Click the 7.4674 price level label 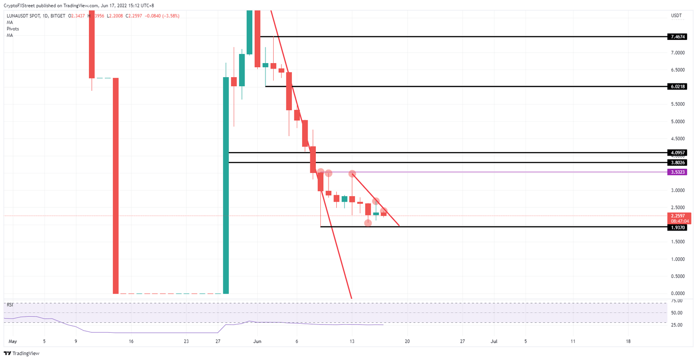tap(677, 37)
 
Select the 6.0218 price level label tap(677, 86)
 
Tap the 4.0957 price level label tap(677, 153)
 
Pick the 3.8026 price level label tap(677, 163)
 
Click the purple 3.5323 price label tap(677, 172)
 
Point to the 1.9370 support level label tap(677, 227)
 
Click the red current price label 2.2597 tap(679, 216)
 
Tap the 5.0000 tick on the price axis tap(678, 122)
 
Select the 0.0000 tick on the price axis tap(678, 294)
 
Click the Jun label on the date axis tap(257, 341)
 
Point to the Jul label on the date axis tap(494, 341)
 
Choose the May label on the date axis tap(12, 341)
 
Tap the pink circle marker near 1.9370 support tap(368, 223)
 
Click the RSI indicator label tap(10, 305)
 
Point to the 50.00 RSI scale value tap(677, 313)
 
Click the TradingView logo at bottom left tap(21, 353)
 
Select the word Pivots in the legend tap(13, 29)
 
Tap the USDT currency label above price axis tap(676, 16)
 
